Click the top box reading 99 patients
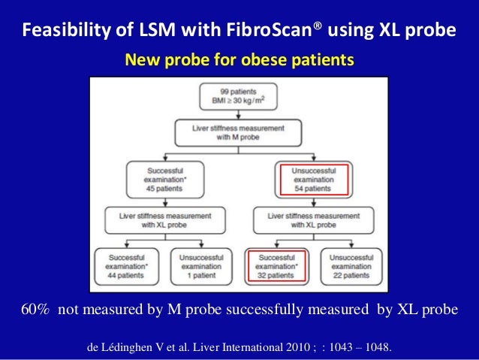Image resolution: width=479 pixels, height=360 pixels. point(239,97)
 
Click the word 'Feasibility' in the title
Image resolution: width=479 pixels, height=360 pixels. point(59,32)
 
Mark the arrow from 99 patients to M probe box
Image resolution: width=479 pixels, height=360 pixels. point(239,113)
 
